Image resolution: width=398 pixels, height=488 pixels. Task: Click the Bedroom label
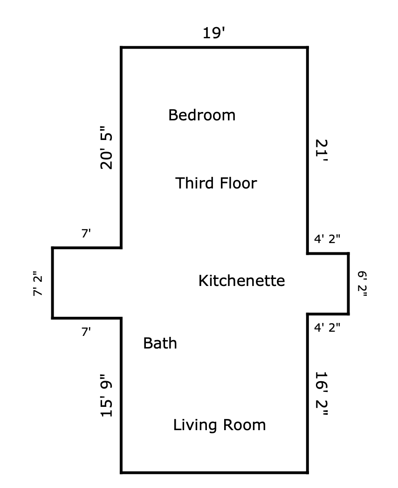coord(202,115)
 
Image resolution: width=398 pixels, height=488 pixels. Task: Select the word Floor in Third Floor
coord(238,183)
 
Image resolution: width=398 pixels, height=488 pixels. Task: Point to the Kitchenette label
coord(241,281)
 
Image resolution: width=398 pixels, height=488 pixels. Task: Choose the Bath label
coord(160,343)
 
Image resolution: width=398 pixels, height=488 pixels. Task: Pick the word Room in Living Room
coord(244,425)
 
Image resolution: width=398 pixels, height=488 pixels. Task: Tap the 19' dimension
coord(213,33)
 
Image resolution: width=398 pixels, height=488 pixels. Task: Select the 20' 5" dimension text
coord(106,147)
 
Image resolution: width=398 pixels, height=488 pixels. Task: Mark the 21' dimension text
coord(322,150)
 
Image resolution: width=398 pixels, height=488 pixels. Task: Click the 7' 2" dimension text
coord(37,284)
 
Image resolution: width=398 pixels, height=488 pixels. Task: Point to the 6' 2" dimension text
coord(362,284)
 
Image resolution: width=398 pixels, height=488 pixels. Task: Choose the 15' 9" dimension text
coord(106,395)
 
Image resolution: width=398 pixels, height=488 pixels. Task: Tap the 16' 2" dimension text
coord(322,394)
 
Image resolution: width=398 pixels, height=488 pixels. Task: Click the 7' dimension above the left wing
coord(86,233)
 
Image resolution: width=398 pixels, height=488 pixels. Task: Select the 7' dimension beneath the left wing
coord(86,332)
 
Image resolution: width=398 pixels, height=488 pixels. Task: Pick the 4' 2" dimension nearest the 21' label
coord(327,239)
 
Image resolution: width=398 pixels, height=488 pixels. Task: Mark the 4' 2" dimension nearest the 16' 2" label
coord(327,328)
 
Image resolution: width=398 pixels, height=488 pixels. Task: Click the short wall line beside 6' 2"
coord(348,284)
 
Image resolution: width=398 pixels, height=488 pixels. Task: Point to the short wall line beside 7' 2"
coord(53,283)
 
